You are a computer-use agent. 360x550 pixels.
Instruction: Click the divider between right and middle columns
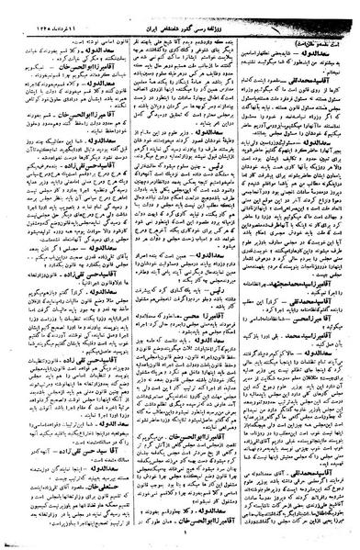click(242, 275)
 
